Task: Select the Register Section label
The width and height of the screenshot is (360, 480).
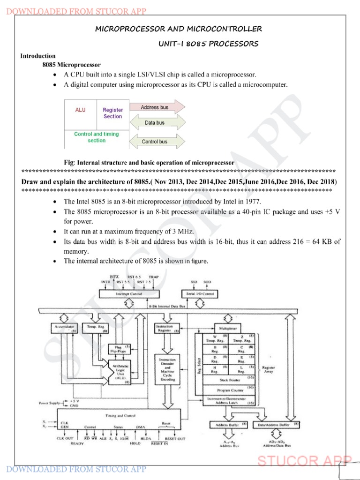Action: pyautogui.click(x=112, y=113)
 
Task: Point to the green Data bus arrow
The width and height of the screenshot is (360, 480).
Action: pyautogui.click(x=154, y=123)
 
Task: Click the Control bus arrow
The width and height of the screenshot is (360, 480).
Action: pyautogui.click(x=154, y=141)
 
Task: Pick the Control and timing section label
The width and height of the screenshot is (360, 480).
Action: pyautogui.click(x=97, y=137)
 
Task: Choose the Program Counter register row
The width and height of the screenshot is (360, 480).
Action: pyautogui.click(x=228, y=390)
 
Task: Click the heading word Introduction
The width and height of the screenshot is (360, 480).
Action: pyautogui.click(x=37, y=56)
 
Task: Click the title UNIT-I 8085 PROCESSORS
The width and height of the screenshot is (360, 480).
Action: pyautogui.click(x=209, y=44)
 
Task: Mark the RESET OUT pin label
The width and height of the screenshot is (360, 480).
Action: pyautogui.click(x=175, y=439)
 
